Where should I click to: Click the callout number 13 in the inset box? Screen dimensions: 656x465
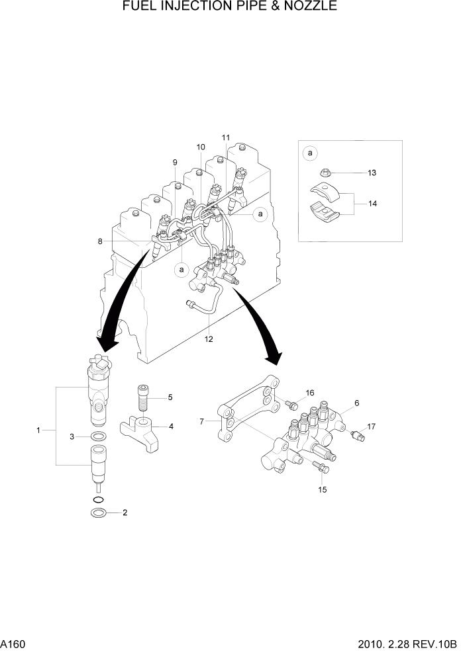coord(372,173)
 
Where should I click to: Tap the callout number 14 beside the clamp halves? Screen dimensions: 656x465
coord(372,204)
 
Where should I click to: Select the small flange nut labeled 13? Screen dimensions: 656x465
coord(325,174)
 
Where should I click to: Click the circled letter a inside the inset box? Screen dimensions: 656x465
coord(310,153)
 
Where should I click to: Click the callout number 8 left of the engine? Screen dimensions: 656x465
coord(100,241)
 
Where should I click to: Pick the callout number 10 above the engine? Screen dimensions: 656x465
coord(201,147)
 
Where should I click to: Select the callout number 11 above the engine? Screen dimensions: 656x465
coord(226,138)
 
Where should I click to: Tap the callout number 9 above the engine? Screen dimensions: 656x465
coord(175,163)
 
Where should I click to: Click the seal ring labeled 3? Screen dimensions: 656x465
coord(98,436)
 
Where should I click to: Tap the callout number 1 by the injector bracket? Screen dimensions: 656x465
coord(38,430)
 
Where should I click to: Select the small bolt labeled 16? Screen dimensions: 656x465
coord(290,403)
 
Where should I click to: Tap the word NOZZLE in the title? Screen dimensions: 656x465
coord(310,7)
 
